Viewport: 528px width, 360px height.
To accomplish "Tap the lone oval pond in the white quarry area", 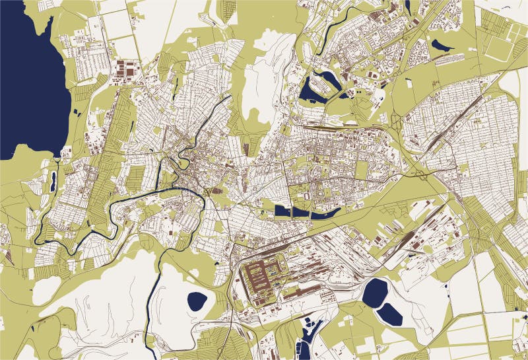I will [x=197, y=302].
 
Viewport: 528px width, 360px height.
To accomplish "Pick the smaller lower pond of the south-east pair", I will [x=391, y=315].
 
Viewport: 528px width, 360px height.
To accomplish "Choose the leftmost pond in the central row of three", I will [x=282, y=211].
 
